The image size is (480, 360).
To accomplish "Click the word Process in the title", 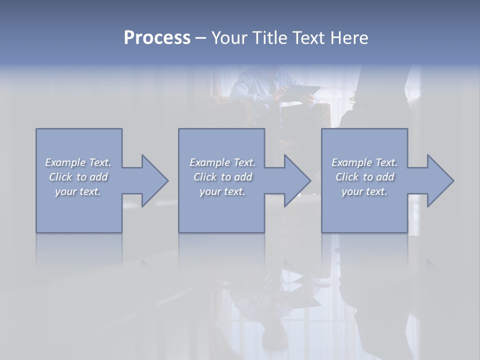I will point(157,38).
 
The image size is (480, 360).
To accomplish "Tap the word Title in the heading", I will point(270,38).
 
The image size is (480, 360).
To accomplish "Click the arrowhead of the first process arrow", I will point(154,180).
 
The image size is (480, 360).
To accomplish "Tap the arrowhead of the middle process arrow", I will point(297,180).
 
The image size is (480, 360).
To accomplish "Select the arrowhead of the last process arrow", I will point(440,180).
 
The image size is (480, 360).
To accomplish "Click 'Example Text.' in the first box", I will point(78,162).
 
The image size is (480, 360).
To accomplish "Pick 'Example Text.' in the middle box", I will point(222,162).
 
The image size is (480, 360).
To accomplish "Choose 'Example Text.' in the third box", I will point(364,162).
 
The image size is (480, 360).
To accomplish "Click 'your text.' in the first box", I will point(78,191).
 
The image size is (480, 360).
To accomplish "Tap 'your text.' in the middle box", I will point(222,191).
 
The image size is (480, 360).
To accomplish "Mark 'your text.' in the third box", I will point(364,191).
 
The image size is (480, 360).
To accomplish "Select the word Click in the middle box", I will point(205,177).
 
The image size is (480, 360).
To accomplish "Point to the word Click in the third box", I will point(347,177).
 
